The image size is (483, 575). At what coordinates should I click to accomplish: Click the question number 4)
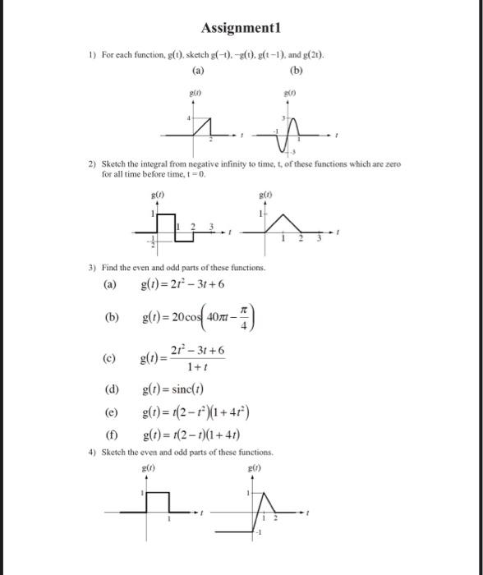click(x=93, y=453)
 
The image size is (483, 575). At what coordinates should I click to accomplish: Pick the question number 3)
click(x=93, y=269)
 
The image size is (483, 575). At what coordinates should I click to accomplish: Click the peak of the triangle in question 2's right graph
click(x=283, y=214)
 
